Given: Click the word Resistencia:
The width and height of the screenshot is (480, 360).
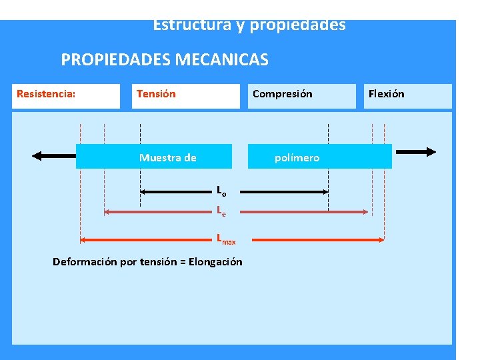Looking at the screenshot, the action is pyautogui.click(x=46, y=94).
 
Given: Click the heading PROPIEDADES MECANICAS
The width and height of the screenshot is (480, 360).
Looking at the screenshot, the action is pyautogui.click(x=165, y=60).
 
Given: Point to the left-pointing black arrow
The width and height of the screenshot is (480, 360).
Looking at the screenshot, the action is pyautogui.click(x=54, y=156).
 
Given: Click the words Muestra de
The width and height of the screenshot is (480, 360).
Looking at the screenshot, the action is pyautogui.click(x=167, y=158).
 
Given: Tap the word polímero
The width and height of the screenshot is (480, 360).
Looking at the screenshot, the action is pyautogui.click(x=297, y=158).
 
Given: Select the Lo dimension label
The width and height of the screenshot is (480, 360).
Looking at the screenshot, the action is pyautogui.click(x=221, y=191).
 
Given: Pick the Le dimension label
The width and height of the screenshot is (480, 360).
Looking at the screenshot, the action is pyautogui.click(x=221, y=211).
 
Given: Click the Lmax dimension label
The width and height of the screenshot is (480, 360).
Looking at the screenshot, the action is pyautogui.click(x=225, y=239).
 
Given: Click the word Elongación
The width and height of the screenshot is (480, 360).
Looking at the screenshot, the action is pyautogui.click(x=215, y=261).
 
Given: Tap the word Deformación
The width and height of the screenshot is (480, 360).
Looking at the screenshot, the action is pyautogui.click(x=84, y=261).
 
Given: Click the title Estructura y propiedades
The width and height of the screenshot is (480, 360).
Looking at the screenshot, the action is pyautogui.click(x=249, y=26).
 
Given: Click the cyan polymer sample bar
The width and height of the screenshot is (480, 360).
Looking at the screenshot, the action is pyautogui.click(x=233, y=157).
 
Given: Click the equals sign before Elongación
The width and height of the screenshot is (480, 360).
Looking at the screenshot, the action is pyautogui.click(x=183, y=261).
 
